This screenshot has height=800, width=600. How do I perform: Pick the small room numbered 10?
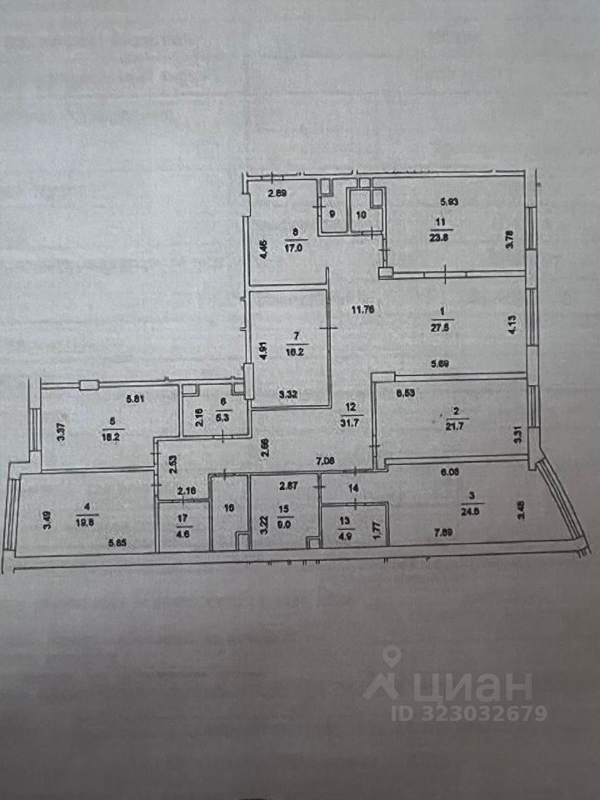click(x=362, y=214)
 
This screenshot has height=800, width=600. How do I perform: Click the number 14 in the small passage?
click(x=353, y=488)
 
